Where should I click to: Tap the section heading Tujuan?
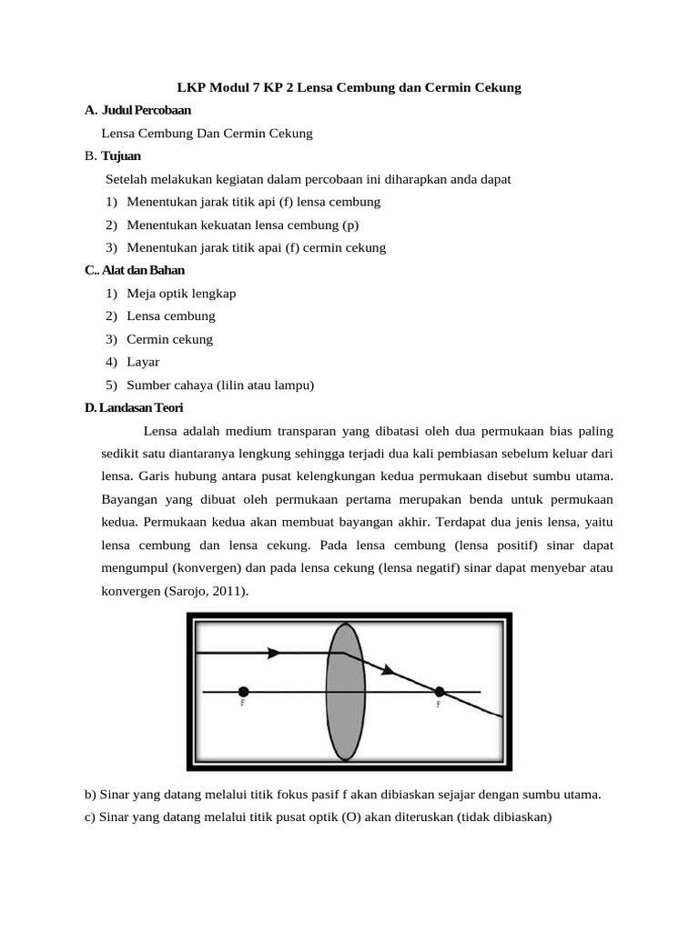point(121,156)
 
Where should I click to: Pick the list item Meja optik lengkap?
point(181,294)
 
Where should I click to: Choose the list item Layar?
point(144,362)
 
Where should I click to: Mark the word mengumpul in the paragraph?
point(135,568)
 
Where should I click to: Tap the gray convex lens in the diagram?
point(346,691)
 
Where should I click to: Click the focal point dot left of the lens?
point(243,692)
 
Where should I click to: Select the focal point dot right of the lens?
point(439,692)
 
